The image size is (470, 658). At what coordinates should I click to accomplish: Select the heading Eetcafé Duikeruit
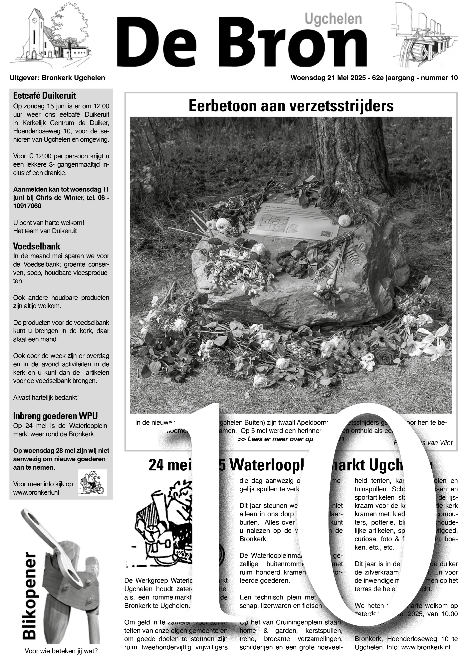(45, 95)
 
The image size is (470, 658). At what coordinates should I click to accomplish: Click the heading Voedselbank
(36, 247)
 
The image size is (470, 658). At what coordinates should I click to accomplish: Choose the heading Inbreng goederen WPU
(55, 416)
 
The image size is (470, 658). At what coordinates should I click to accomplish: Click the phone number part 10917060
(27, 206)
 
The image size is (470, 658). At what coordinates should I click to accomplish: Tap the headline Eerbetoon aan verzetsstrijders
(291, 106)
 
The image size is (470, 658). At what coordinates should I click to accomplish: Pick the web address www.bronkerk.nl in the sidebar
(36, 492)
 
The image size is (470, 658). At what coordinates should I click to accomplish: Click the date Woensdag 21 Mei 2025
(328, 78)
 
